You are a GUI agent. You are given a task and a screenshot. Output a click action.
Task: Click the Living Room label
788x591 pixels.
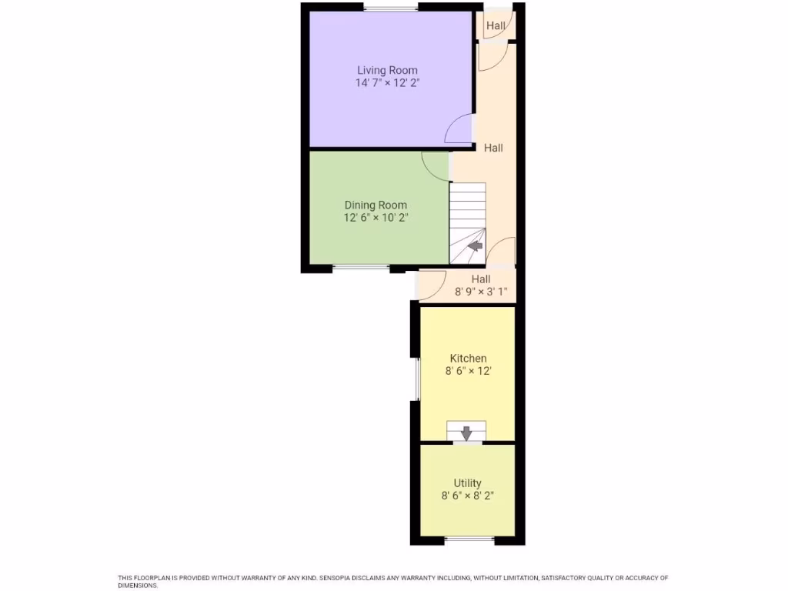387,70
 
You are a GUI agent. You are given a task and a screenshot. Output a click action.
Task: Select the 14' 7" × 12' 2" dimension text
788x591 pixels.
387,83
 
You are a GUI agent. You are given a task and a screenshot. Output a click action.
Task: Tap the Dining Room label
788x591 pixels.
376,205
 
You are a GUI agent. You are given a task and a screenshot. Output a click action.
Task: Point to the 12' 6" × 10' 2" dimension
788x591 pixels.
376,218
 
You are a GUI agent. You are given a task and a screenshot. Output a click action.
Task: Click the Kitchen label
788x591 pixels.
468,358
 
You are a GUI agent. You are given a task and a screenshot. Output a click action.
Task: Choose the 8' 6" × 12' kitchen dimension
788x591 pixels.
468,371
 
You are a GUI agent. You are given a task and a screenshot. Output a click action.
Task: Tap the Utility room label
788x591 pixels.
467,483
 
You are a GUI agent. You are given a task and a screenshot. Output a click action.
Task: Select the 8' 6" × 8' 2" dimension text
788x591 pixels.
467,496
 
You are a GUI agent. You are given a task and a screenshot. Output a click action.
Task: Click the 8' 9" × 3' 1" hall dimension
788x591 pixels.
481,292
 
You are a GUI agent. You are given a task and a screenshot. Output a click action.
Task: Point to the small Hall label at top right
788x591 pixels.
496,25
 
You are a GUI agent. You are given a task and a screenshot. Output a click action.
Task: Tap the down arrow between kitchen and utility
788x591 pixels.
466,432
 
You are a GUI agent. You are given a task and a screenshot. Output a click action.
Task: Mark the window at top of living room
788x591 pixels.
391,8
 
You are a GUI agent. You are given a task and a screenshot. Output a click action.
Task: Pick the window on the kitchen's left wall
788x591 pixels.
416,379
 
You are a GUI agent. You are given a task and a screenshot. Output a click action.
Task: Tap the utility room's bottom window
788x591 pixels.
469,539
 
